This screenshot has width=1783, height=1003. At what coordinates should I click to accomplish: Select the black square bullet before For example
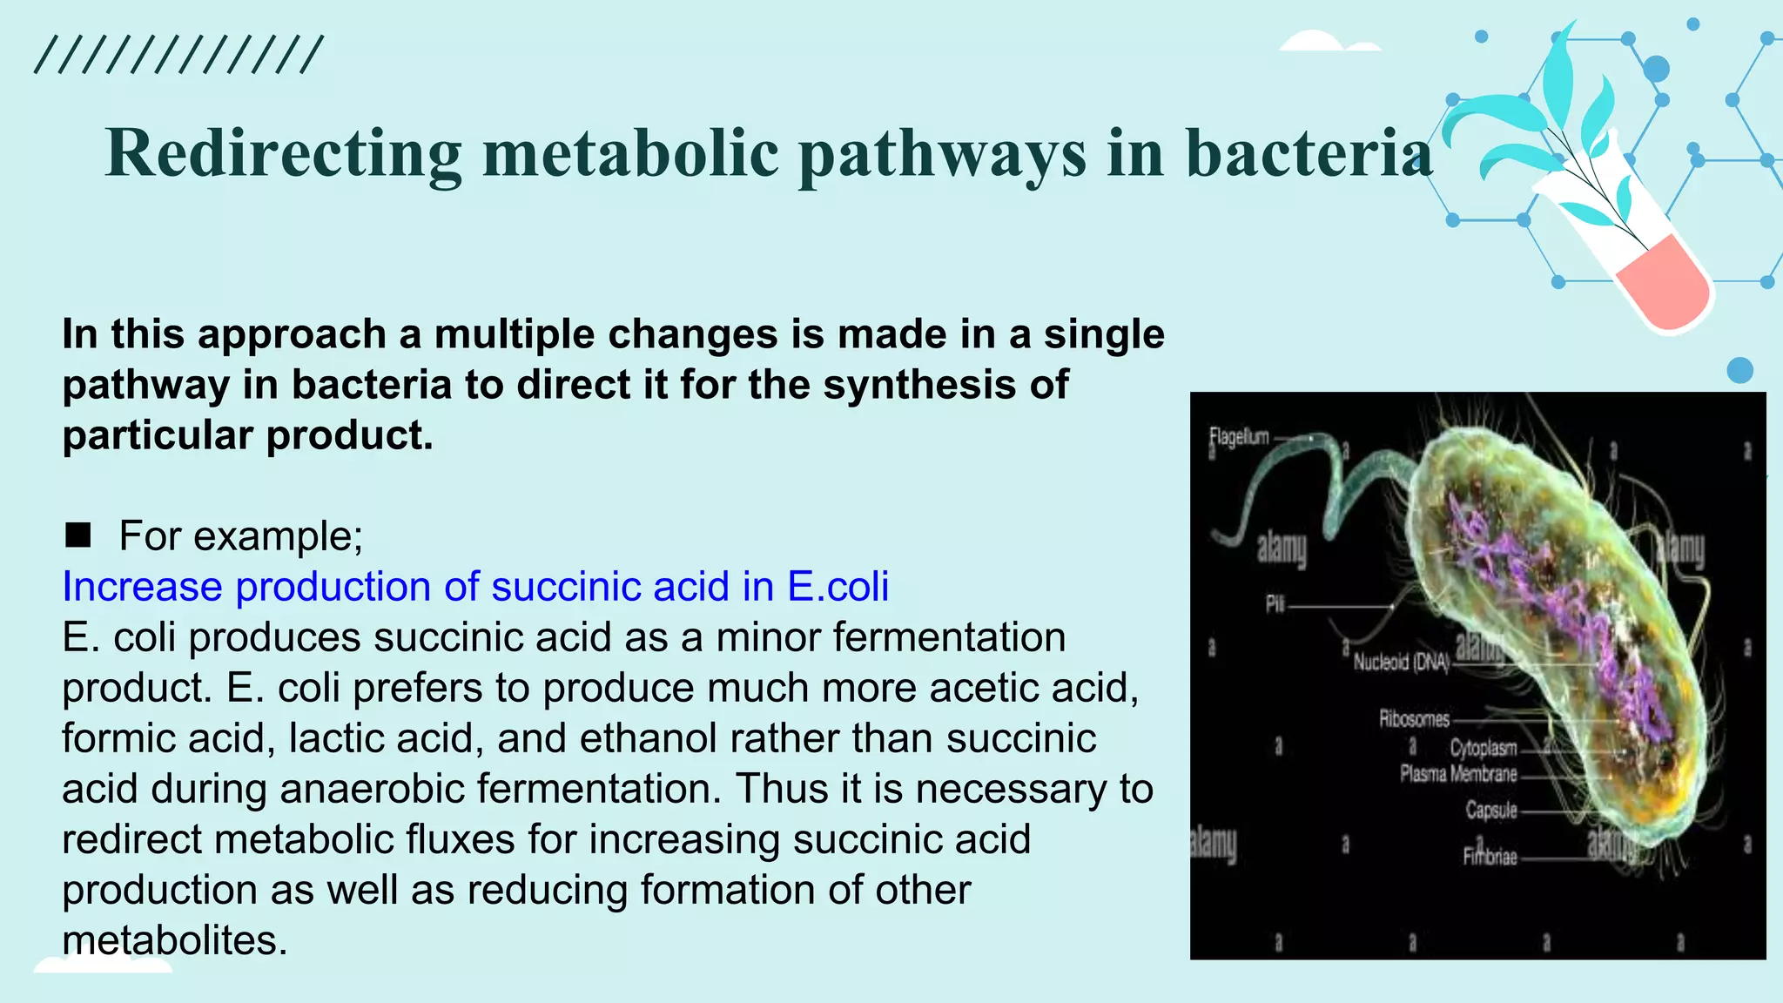[x=78, y=535]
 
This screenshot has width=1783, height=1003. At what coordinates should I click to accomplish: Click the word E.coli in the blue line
[x=838, y=586]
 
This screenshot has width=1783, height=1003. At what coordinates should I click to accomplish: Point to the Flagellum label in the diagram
[x=1239, y=437]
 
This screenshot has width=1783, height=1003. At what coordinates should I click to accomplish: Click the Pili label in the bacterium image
[x=1275, y=603]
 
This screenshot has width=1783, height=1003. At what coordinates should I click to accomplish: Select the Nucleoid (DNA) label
[x=1401, y=663]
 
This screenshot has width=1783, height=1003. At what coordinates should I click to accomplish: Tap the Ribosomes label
[x=1414, y=719]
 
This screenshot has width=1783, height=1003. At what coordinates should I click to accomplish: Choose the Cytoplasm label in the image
[x=1483, y=748]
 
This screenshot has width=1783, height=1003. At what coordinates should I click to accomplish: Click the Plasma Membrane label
[x=1458, y=773]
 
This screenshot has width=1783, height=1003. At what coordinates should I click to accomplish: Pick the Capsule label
[x=1490, y=810]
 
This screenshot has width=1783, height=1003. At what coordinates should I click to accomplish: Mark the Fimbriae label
[x=1490, y=857]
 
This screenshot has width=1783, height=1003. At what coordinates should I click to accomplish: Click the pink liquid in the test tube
[x=1663, y=283]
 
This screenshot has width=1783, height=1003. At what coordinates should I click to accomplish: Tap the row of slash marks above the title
[x=178, y=55]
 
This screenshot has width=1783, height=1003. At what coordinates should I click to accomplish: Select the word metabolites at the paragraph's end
[x=174, y=940]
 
